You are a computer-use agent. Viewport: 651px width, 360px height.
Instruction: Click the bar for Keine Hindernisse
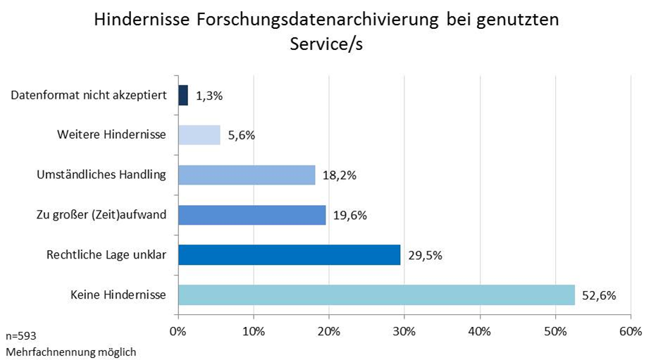376,294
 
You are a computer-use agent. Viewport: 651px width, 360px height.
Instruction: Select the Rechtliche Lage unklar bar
289,254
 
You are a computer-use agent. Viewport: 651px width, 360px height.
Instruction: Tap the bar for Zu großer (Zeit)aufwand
252,215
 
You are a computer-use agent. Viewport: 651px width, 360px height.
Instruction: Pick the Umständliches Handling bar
247,175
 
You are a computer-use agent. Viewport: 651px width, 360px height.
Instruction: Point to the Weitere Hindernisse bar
199,135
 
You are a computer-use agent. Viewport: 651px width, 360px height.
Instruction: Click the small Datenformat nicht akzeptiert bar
183,95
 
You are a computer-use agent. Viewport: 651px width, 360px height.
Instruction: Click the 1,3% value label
209,96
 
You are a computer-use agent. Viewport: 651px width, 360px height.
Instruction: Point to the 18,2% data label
340,175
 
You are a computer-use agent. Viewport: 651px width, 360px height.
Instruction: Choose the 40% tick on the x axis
480,330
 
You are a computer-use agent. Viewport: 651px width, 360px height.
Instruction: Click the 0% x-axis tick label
178,330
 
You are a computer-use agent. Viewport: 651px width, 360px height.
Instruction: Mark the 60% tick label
631,330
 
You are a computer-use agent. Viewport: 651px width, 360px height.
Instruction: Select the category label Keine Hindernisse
118,294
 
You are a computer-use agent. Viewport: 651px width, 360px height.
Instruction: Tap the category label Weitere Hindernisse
111,135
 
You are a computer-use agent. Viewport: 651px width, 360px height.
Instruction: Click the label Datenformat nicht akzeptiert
89,95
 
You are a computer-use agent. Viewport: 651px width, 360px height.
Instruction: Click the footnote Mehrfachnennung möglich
71,351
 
